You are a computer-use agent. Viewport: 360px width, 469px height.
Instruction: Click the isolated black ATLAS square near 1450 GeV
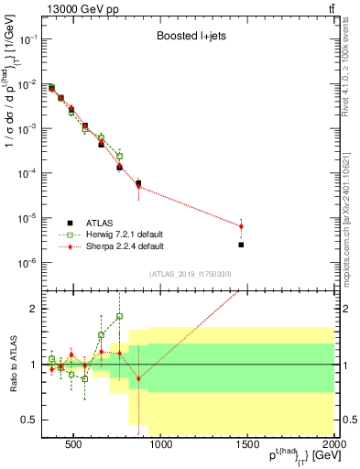coord(241,245)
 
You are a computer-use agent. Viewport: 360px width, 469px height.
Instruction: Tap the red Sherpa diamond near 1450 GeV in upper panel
coord(241,226)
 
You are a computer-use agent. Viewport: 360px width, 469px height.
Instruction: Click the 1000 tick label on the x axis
coord(161,446)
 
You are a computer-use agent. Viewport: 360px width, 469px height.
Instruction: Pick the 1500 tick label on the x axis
coord(247,446)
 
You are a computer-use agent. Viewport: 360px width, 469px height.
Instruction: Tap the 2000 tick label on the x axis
coord(333,446)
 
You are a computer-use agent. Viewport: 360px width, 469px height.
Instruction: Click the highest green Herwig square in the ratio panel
coord(119,316)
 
